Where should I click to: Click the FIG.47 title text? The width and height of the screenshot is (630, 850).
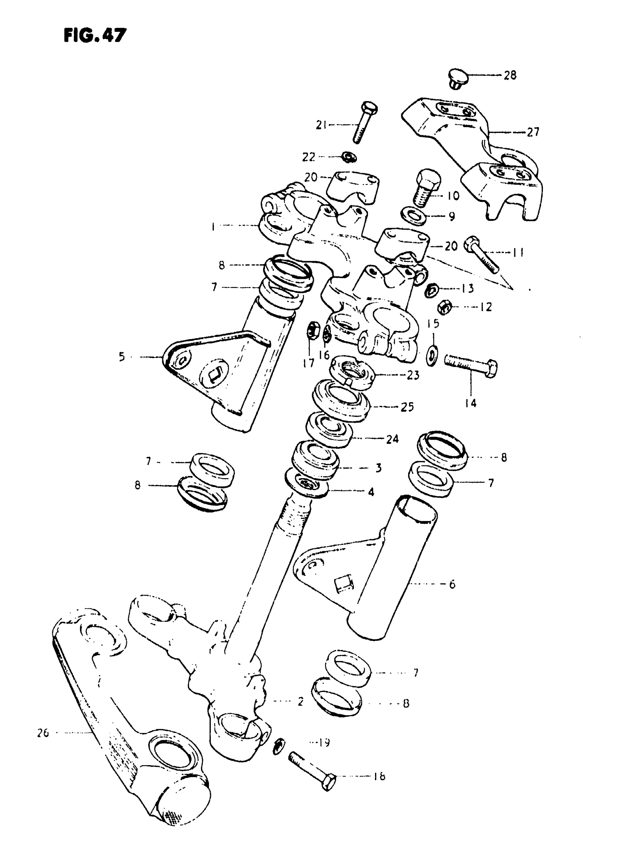pyautogui.click(x=94, y=36)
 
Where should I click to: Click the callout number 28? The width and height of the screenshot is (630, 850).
pyautogui.click(x=510, y=76)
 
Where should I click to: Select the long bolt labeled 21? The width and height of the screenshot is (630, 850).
pyautogui.click(x=364, y=122)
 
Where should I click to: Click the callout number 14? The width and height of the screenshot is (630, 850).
pyautogui.click(x=471, y=403)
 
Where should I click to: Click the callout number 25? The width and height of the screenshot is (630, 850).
pyautogui.click(x=407, y=407)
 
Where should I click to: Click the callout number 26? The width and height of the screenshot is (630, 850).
pyautogui.click(x=43, y=733)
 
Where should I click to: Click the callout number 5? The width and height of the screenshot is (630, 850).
pyautogui.click(x=122, y=357)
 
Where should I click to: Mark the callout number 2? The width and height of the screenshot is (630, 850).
pyautogui.click(x=301, y=701)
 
